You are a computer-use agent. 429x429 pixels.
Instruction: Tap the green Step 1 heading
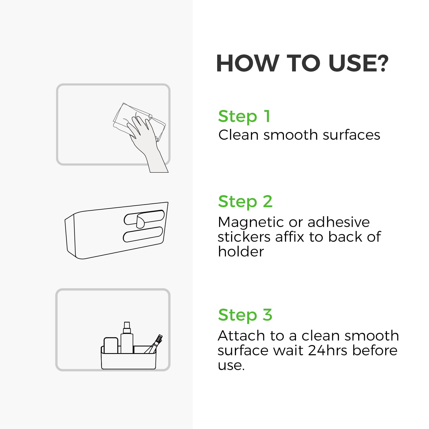[x=244, y=117]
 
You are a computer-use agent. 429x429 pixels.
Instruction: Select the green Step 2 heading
[x=245, y=202]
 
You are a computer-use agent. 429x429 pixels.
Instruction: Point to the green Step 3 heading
[x=245, y=315]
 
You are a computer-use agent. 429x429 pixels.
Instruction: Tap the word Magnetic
[x=251, y=222]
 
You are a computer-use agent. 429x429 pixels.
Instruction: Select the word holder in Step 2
[x=241, y=252]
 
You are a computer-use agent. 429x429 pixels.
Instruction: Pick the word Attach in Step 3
[x=241, y=336]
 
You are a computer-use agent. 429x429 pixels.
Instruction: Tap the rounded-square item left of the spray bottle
[x=111, y=345]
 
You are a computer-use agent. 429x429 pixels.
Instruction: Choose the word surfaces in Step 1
[x=351, y=135]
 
